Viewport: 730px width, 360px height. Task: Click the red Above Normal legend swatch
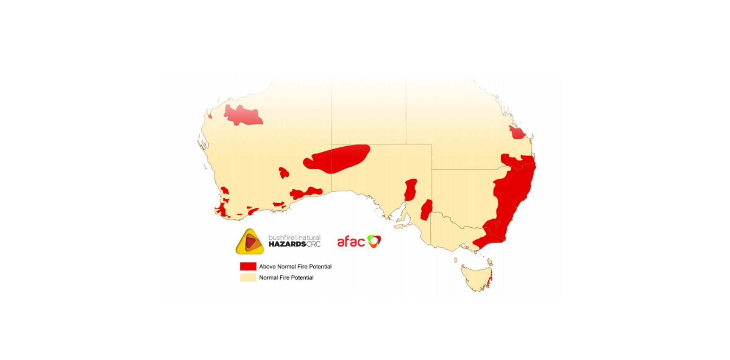coord(248,266)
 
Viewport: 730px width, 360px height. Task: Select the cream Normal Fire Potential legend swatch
coord(248,278)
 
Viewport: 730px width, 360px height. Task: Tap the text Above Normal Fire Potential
coord(295,267)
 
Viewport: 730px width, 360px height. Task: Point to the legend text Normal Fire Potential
coord(286,278)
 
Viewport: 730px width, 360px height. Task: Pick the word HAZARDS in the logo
coord(287,244)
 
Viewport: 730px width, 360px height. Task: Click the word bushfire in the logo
coord(281,237)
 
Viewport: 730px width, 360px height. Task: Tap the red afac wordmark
coord(351,242)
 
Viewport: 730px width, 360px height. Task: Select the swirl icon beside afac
coord(374,241)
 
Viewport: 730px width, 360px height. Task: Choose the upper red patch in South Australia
coord(410,190)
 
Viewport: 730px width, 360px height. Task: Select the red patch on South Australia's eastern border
coord(426,210)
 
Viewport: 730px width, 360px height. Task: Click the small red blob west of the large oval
coord(284,173)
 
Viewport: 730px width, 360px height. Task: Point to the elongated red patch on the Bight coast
coord(306,193)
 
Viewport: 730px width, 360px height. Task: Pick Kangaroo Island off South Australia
coord(400,226)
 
